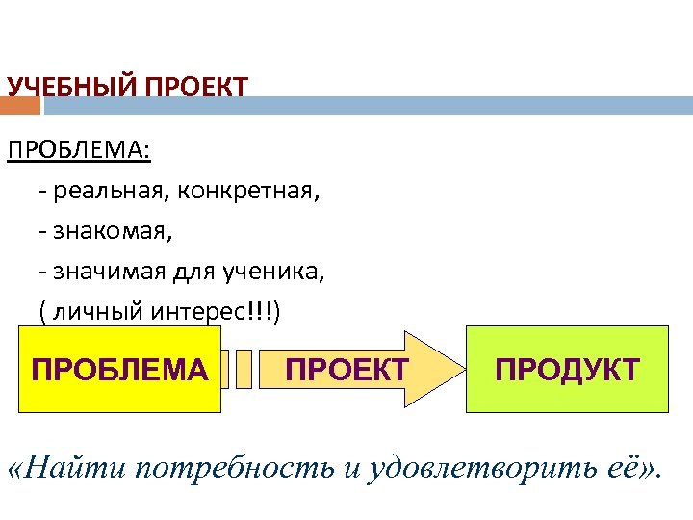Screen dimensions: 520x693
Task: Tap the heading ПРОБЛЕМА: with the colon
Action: coord(79,151)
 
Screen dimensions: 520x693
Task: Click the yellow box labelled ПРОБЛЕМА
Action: coord(119,370)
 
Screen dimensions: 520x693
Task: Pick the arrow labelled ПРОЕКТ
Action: coord(346,370)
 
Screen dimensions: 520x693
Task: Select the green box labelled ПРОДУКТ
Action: coord(567,370)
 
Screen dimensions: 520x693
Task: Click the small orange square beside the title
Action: coord(20,104)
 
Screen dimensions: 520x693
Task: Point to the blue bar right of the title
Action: coord(472,104)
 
